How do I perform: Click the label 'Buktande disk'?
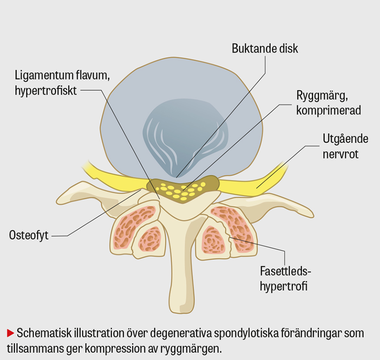[x=265, y=49]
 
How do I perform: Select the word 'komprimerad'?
[x=328, y=110]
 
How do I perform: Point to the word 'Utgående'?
[x=345, y=139]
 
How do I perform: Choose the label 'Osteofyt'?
[x=29, y=235]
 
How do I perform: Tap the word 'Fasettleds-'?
[x=285, y=271]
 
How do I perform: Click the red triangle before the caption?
[x=10, y=333]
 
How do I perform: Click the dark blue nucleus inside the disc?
[x=185, y=134]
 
